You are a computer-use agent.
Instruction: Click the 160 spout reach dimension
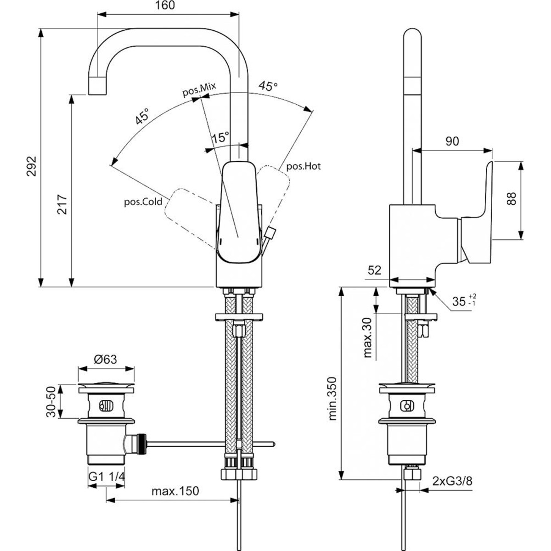168,6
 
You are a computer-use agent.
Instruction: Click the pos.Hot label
304,166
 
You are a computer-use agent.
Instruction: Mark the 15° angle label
220,137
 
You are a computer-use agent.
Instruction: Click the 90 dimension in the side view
452,141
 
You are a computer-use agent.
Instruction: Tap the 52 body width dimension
375,270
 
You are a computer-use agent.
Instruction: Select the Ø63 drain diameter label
106,360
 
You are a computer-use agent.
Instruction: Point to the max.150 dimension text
175,491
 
